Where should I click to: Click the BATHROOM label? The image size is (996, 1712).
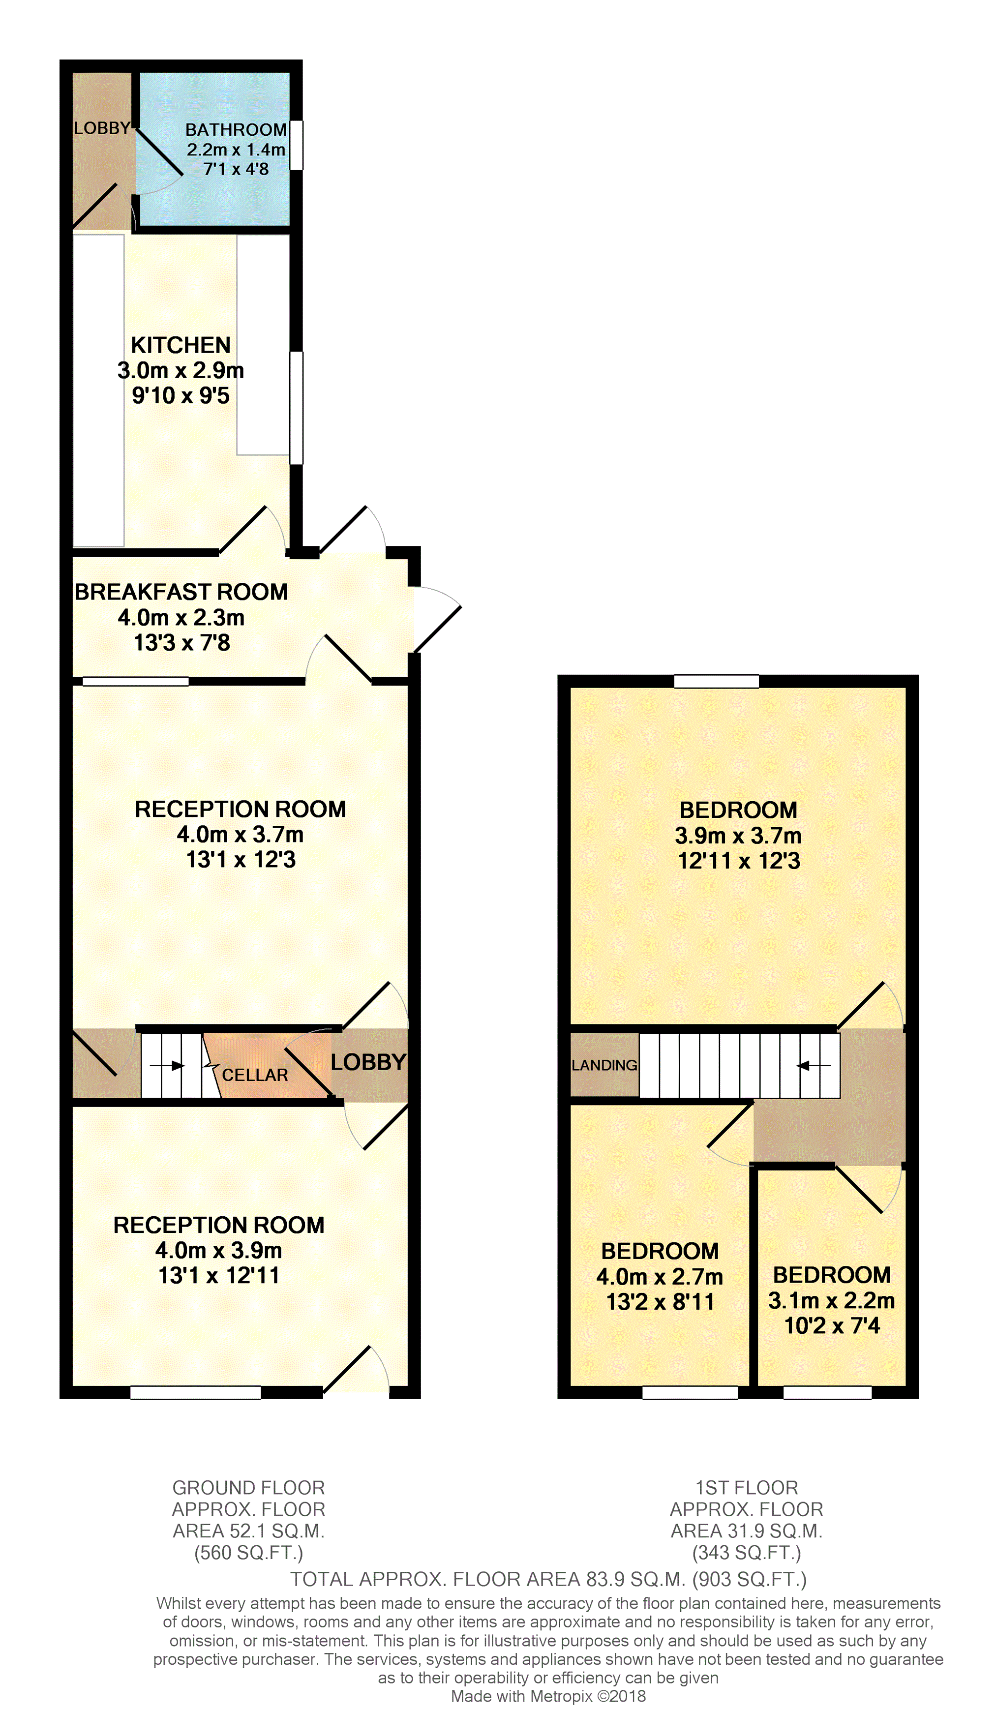coord(236,130)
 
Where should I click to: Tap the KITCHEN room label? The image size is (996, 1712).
coord(181,345)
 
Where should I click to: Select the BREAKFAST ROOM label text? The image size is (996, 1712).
coord(181,592)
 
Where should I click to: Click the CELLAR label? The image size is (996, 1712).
coord(255,1075)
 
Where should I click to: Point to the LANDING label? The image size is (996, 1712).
coord(604,1065)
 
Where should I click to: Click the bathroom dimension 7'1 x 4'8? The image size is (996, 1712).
coord(236,169)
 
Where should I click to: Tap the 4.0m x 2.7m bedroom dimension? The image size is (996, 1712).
coord(659,1277)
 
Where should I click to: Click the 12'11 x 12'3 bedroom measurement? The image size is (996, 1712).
coord(738,861)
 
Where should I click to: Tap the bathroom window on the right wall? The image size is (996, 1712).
coord(296,145)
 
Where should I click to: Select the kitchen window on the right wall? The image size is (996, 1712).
coord(296,408)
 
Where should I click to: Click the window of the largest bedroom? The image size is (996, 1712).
coord(716,681)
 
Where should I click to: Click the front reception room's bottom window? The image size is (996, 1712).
coord(196,1393)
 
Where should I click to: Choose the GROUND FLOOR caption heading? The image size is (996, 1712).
coord(249,1488)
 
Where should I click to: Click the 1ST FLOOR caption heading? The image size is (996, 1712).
coord(746,1488)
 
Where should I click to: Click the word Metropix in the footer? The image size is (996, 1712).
coord(561,1696)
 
